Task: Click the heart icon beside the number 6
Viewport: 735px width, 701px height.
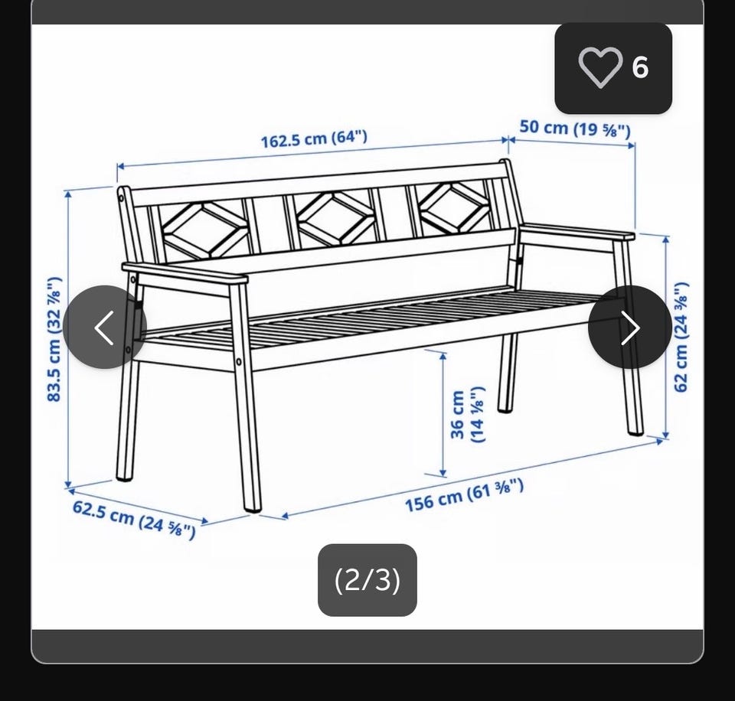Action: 600,67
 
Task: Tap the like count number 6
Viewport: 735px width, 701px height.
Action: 640,67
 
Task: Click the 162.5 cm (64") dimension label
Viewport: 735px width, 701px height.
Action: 314,139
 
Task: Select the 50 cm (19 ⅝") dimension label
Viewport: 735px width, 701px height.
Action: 575,129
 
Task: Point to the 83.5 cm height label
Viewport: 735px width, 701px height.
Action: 54,339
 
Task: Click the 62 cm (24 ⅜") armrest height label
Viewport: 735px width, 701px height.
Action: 681,337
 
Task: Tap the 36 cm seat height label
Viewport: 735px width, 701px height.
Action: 467,414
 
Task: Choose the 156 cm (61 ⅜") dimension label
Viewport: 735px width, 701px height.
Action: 464,496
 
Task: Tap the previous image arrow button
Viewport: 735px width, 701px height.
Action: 105,327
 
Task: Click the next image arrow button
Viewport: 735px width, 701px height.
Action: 630,327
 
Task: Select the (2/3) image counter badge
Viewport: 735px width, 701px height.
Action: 367,579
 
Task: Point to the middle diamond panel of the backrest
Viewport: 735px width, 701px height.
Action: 335,217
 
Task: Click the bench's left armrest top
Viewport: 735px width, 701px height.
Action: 185,272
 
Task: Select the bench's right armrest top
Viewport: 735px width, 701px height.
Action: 577,232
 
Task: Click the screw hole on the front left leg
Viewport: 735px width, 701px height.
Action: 239,362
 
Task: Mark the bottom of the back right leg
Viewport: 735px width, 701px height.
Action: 505,409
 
